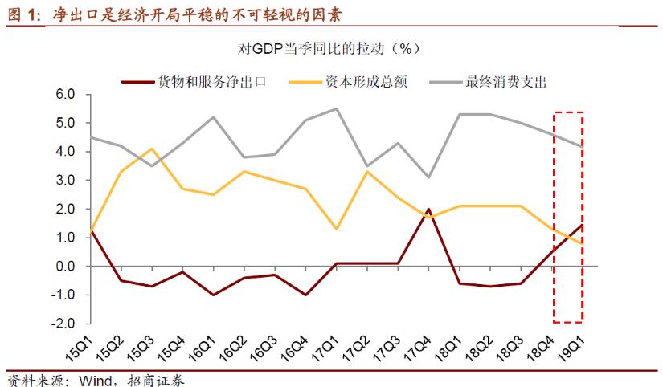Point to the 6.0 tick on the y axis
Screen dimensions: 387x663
[x=64, y=95]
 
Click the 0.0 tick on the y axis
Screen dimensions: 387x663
[x=64, y=267]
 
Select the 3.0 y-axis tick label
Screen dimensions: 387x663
[x=64, y=181]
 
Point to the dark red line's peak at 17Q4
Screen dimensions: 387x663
[x=429, y=209]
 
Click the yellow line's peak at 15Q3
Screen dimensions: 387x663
[x=153, y=149]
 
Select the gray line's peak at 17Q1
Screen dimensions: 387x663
[x=336, y=108]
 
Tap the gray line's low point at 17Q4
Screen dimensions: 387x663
[x=429, y=177]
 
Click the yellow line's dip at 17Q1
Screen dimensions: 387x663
[x=336, y=229]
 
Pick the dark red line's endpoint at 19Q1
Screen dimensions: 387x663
[x=583, y=225]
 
